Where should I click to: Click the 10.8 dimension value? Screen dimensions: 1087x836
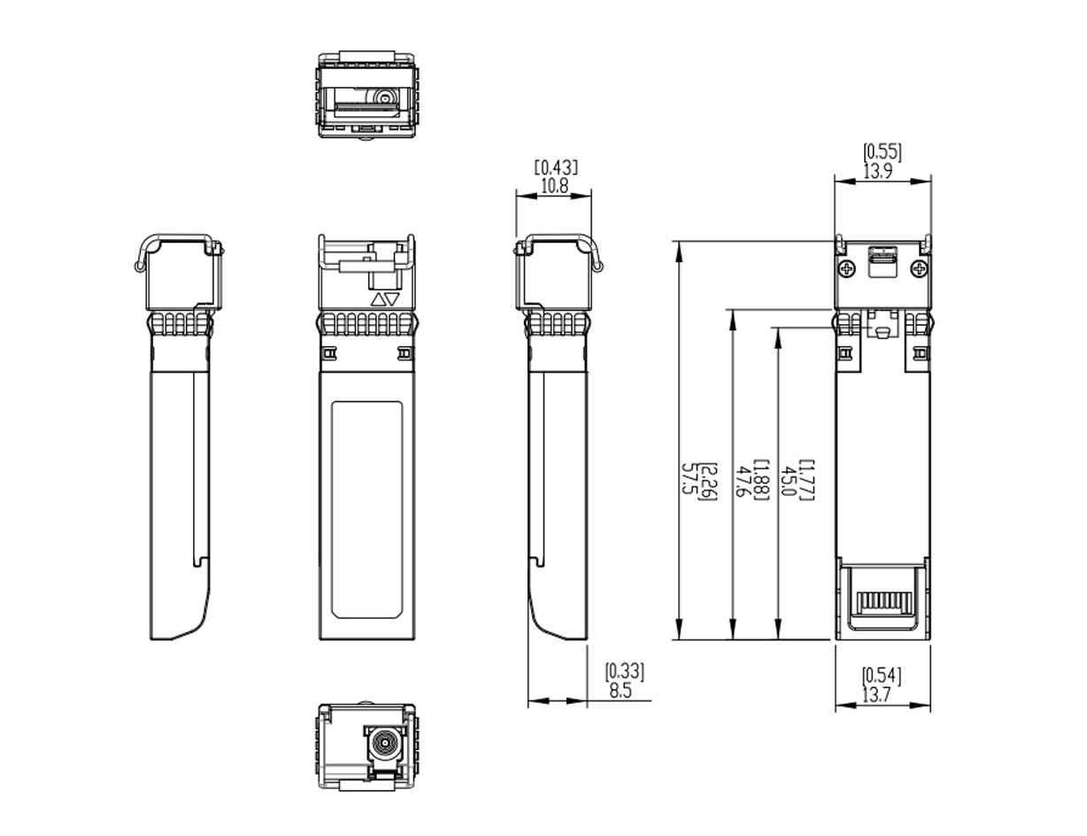point(555,186)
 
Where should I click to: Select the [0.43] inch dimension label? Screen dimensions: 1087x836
point(556,167)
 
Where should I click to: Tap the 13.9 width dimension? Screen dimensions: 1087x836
point(878,171)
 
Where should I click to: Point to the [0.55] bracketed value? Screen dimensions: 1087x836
point(883,152)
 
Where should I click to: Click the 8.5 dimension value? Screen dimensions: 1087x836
point(621,691)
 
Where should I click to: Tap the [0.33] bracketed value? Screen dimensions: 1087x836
point(625,672)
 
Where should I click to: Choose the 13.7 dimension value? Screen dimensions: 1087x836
point(877,695)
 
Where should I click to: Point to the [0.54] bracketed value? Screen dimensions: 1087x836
point(882,677)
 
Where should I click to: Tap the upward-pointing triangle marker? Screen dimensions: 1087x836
point(378,299)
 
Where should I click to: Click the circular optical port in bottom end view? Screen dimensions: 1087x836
point(385,748)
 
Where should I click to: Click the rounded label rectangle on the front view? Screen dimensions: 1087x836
point(366,510)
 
